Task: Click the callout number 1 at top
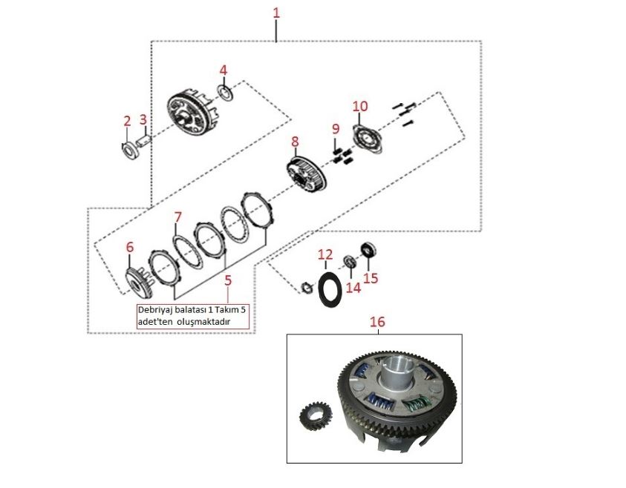point(276,13)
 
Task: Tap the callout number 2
point(127,120)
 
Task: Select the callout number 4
point(223,70)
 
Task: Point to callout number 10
point(359,106)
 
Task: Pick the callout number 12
point(325,255)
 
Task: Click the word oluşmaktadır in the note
point(209,322)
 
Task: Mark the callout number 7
point(177,217)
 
